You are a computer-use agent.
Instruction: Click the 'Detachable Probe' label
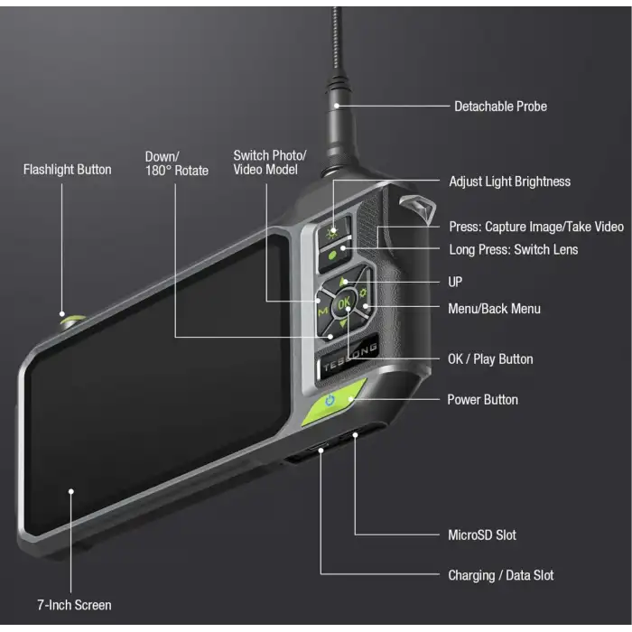click(x=499, y=107)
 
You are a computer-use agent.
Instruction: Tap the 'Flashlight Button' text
click(x=68, y=170)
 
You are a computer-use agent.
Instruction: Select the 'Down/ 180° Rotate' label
click(x=177, y=163)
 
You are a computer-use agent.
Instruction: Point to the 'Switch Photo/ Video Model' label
click(x=270, y=163)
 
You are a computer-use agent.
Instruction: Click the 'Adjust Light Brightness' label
click(x=509, y=181)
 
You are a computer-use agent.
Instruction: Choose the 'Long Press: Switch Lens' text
click(x=513, y=249)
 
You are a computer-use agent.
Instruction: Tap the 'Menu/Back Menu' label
click(x=494, y=309)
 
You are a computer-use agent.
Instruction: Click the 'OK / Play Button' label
click(x=490, y=359)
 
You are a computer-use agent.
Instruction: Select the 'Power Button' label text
click(x=483, y=400)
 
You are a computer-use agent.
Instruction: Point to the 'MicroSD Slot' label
click(x=482, y=535)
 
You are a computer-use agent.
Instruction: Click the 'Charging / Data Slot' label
click(x=500, y=575)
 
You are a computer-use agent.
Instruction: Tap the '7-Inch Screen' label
click(x=74, y=605)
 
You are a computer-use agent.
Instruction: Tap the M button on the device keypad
click(x=323, y=311)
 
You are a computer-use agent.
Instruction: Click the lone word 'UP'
click(x=455, y=283)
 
